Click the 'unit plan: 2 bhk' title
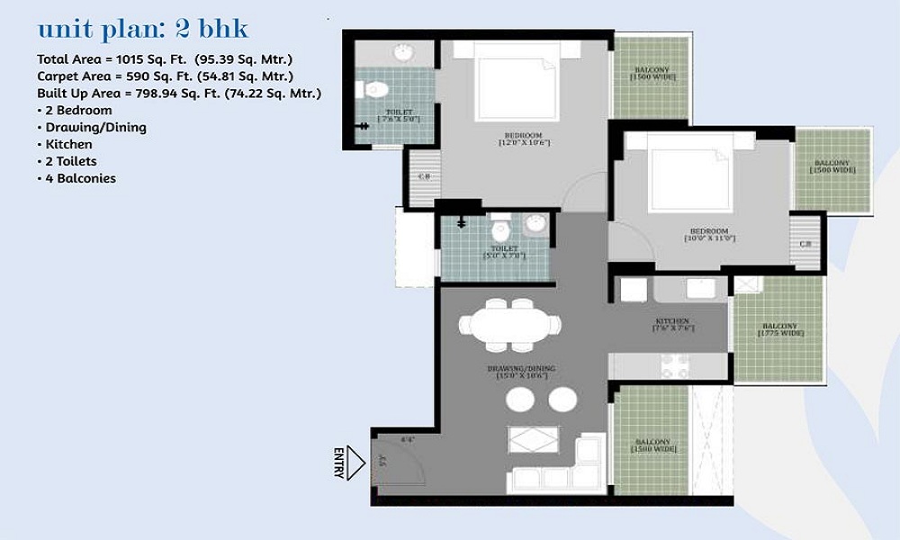[x=142, y=30]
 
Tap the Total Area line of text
[x=165, y=59]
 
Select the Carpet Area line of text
[x=165, y=76]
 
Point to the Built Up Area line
[x=179, y=94]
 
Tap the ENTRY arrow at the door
[x=355, y=463]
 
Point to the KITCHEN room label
[x=672, y=321]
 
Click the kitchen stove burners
[x=675, y=365]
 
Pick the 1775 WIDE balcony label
[x=779, y=329]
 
